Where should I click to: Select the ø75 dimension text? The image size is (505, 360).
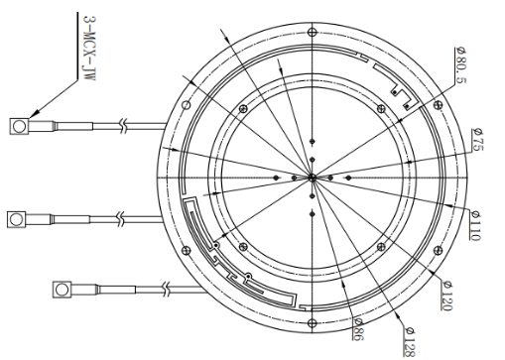478,140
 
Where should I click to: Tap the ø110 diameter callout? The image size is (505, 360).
475,225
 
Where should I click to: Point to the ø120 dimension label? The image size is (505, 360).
447,296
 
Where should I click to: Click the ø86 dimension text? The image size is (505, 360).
358,329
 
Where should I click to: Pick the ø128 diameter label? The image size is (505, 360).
409,342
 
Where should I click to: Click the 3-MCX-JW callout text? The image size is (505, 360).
89,48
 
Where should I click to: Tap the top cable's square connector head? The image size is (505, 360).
19,126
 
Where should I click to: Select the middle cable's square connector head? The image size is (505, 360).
16,219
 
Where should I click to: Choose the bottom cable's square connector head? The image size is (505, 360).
62,290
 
